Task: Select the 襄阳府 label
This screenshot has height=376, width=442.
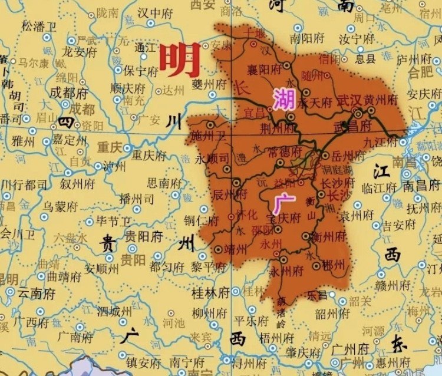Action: click(x=265, y=69)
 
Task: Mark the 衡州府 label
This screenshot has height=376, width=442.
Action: click(x=329, y=237)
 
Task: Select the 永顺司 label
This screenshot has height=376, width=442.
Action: click(x=214, y=159)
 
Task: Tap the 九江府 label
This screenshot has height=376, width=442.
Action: click(x=380, y=142)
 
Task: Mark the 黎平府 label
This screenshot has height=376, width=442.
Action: click(x=203, y=266)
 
